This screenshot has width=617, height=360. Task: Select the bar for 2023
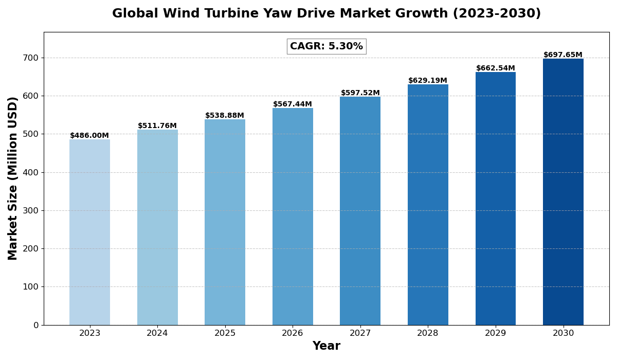89,232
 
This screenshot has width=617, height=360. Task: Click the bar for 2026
293,217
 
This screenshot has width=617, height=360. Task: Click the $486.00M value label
89,136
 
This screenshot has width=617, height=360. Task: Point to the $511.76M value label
157,126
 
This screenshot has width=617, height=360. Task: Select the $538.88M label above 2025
225,116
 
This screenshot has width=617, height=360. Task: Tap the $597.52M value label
360,93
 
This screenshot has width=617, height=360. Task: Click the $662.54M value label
496,68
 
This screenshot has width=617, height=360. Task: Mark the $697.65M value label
563,55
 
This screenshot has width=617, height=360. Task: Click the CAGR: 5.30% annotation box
326,46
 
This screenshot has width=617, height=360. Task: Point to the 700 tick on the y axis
30,58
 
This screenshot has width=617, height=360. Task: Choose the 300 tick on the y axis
30,210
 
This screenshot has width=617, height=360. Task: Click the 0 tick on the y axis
36,325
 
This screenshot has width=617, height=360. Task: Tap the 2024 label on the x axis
157,333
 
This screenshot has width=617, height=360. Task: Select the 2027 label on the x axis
360,333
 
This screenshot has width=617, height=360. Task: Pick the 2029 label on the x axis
496,333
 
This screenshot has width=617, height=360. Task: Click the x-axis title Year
326,346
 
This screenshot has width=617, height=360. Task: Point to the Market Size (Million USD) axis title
13,178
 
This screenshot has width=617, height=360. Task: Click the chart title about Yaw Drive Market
326,14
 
